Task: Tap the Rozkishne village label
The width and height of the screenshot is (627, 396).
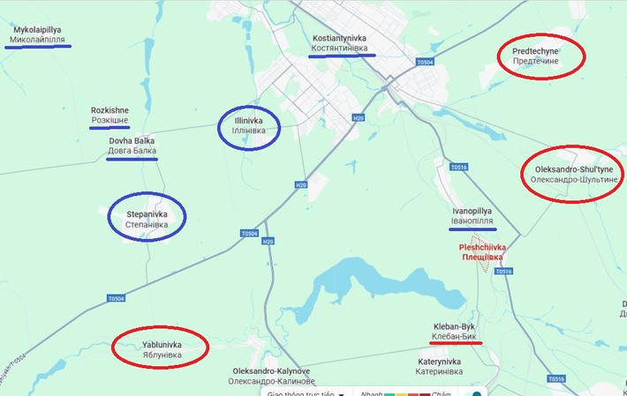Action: (110, 116)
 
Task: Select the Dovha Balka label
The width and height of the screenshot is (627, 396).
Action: (132, 146)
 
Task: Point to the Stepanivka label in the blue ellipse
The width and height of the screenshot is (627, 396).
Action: (147, 220)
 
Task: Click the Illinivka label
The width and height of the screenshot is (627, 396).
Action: (248, 125)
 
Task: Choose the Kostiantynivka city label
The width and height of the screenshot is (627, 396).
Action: (340, 43)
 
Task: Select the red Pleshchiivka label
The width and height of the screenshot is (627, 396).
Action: (483, 252)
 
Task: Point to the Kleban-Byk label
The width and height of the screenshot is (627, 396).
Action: (455, 331)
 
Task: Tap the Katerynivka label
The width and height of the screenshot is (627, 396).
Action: (439, 366)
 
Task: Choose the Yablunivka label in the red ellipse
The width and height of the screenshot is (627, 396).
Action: (162, 349)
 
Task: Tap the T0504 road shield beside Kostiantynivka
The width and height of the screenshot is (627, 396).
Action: (425, 62)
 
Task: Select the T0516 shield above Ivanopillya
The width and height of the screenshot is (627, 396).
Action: (457, 167)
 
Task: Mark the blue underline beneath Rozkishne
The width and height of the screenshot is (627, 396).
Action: (110, 128)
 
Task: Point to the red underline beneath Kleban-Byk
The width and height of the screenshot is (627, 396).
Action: (457, 342)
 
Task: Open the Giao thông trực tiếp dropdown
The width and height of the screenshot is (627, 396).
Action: (305, 393)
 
